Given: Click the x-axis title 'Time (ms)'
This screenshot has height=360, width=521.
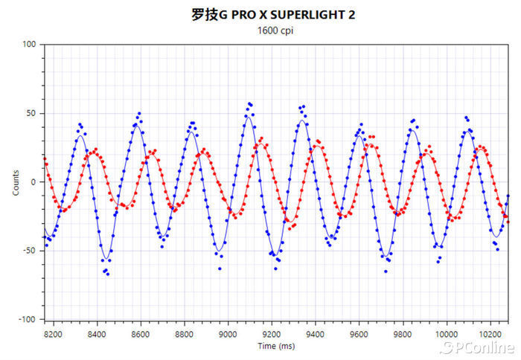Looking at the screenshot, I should [x=276, y=346].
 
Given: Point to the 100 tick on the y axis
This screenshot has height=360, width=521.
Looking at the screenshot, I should [x=30, y=45].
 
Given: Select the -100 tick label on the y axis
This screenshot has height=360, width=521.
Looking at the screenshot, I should [x=28, y=319].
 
